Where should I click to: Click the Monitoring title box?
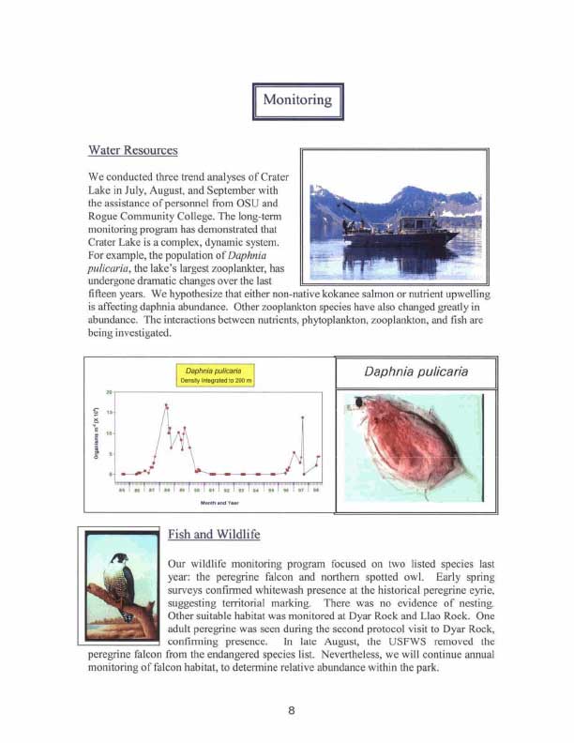[x=297, y=99]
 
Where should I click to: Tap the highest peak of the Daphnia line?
[x=166, y=405]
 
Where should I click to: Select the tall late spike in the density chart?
[x=302, y=417]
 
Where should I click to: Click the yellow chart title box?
[x=215, y=375]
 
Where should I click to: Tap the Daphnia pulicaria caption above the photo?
[x=415, y=372]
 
